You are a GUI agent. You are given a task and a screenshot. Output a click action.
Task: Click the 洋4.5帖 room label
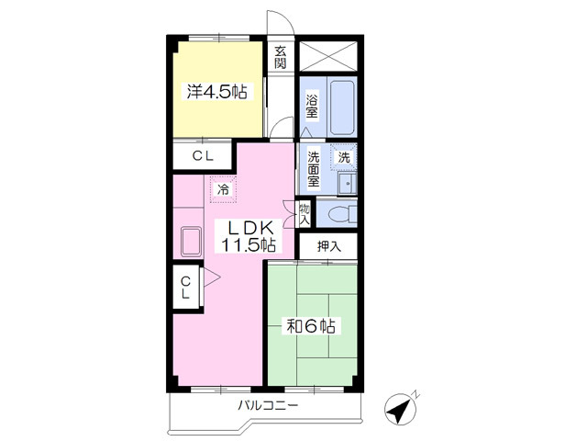[216, 92]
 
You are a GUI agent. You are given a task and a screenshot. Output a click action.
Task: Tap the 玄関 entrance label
[280, 57]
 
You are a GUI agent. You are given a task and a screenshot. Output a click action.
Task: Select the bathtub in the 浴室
[342, 107]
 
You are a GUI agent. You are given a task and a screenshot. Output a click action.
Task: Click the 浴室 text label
[312, 107]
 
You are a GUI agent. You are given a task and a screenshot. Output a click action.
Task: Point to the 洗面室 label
[314, 169]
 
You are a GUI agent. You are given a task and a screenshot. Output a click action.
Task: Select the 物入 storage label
[305, 214]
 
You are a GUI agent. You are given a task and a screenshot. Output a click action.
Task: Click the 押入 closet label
[329, 246]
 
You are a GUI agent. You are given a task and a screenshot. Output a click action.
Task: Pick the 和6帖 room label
[311, 326]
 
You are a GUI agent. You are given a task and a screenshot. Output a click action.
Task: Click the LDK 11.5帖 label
[249, 236]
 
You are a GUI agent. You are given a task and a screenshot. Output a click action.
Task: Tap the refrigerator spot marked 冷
[224, 189]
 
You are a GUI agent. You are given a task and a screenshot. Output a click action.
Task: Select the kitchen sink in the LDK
[191, 242]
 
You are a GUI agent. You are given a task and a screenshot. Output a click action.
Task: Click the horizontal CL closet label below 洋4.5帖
[203, 155]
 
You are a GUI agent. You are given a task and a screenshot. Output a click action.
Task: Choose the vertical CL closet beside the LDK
[185, 288]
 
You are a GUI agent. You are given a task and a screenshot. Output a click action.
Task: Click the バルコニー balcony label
[268, 405]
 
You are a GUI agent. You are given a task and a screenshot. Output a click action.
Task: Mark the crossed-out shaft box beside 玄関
[328, 56]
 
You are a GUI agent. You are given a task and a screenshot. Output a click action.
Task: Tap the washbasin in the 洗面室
[347, 184]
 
